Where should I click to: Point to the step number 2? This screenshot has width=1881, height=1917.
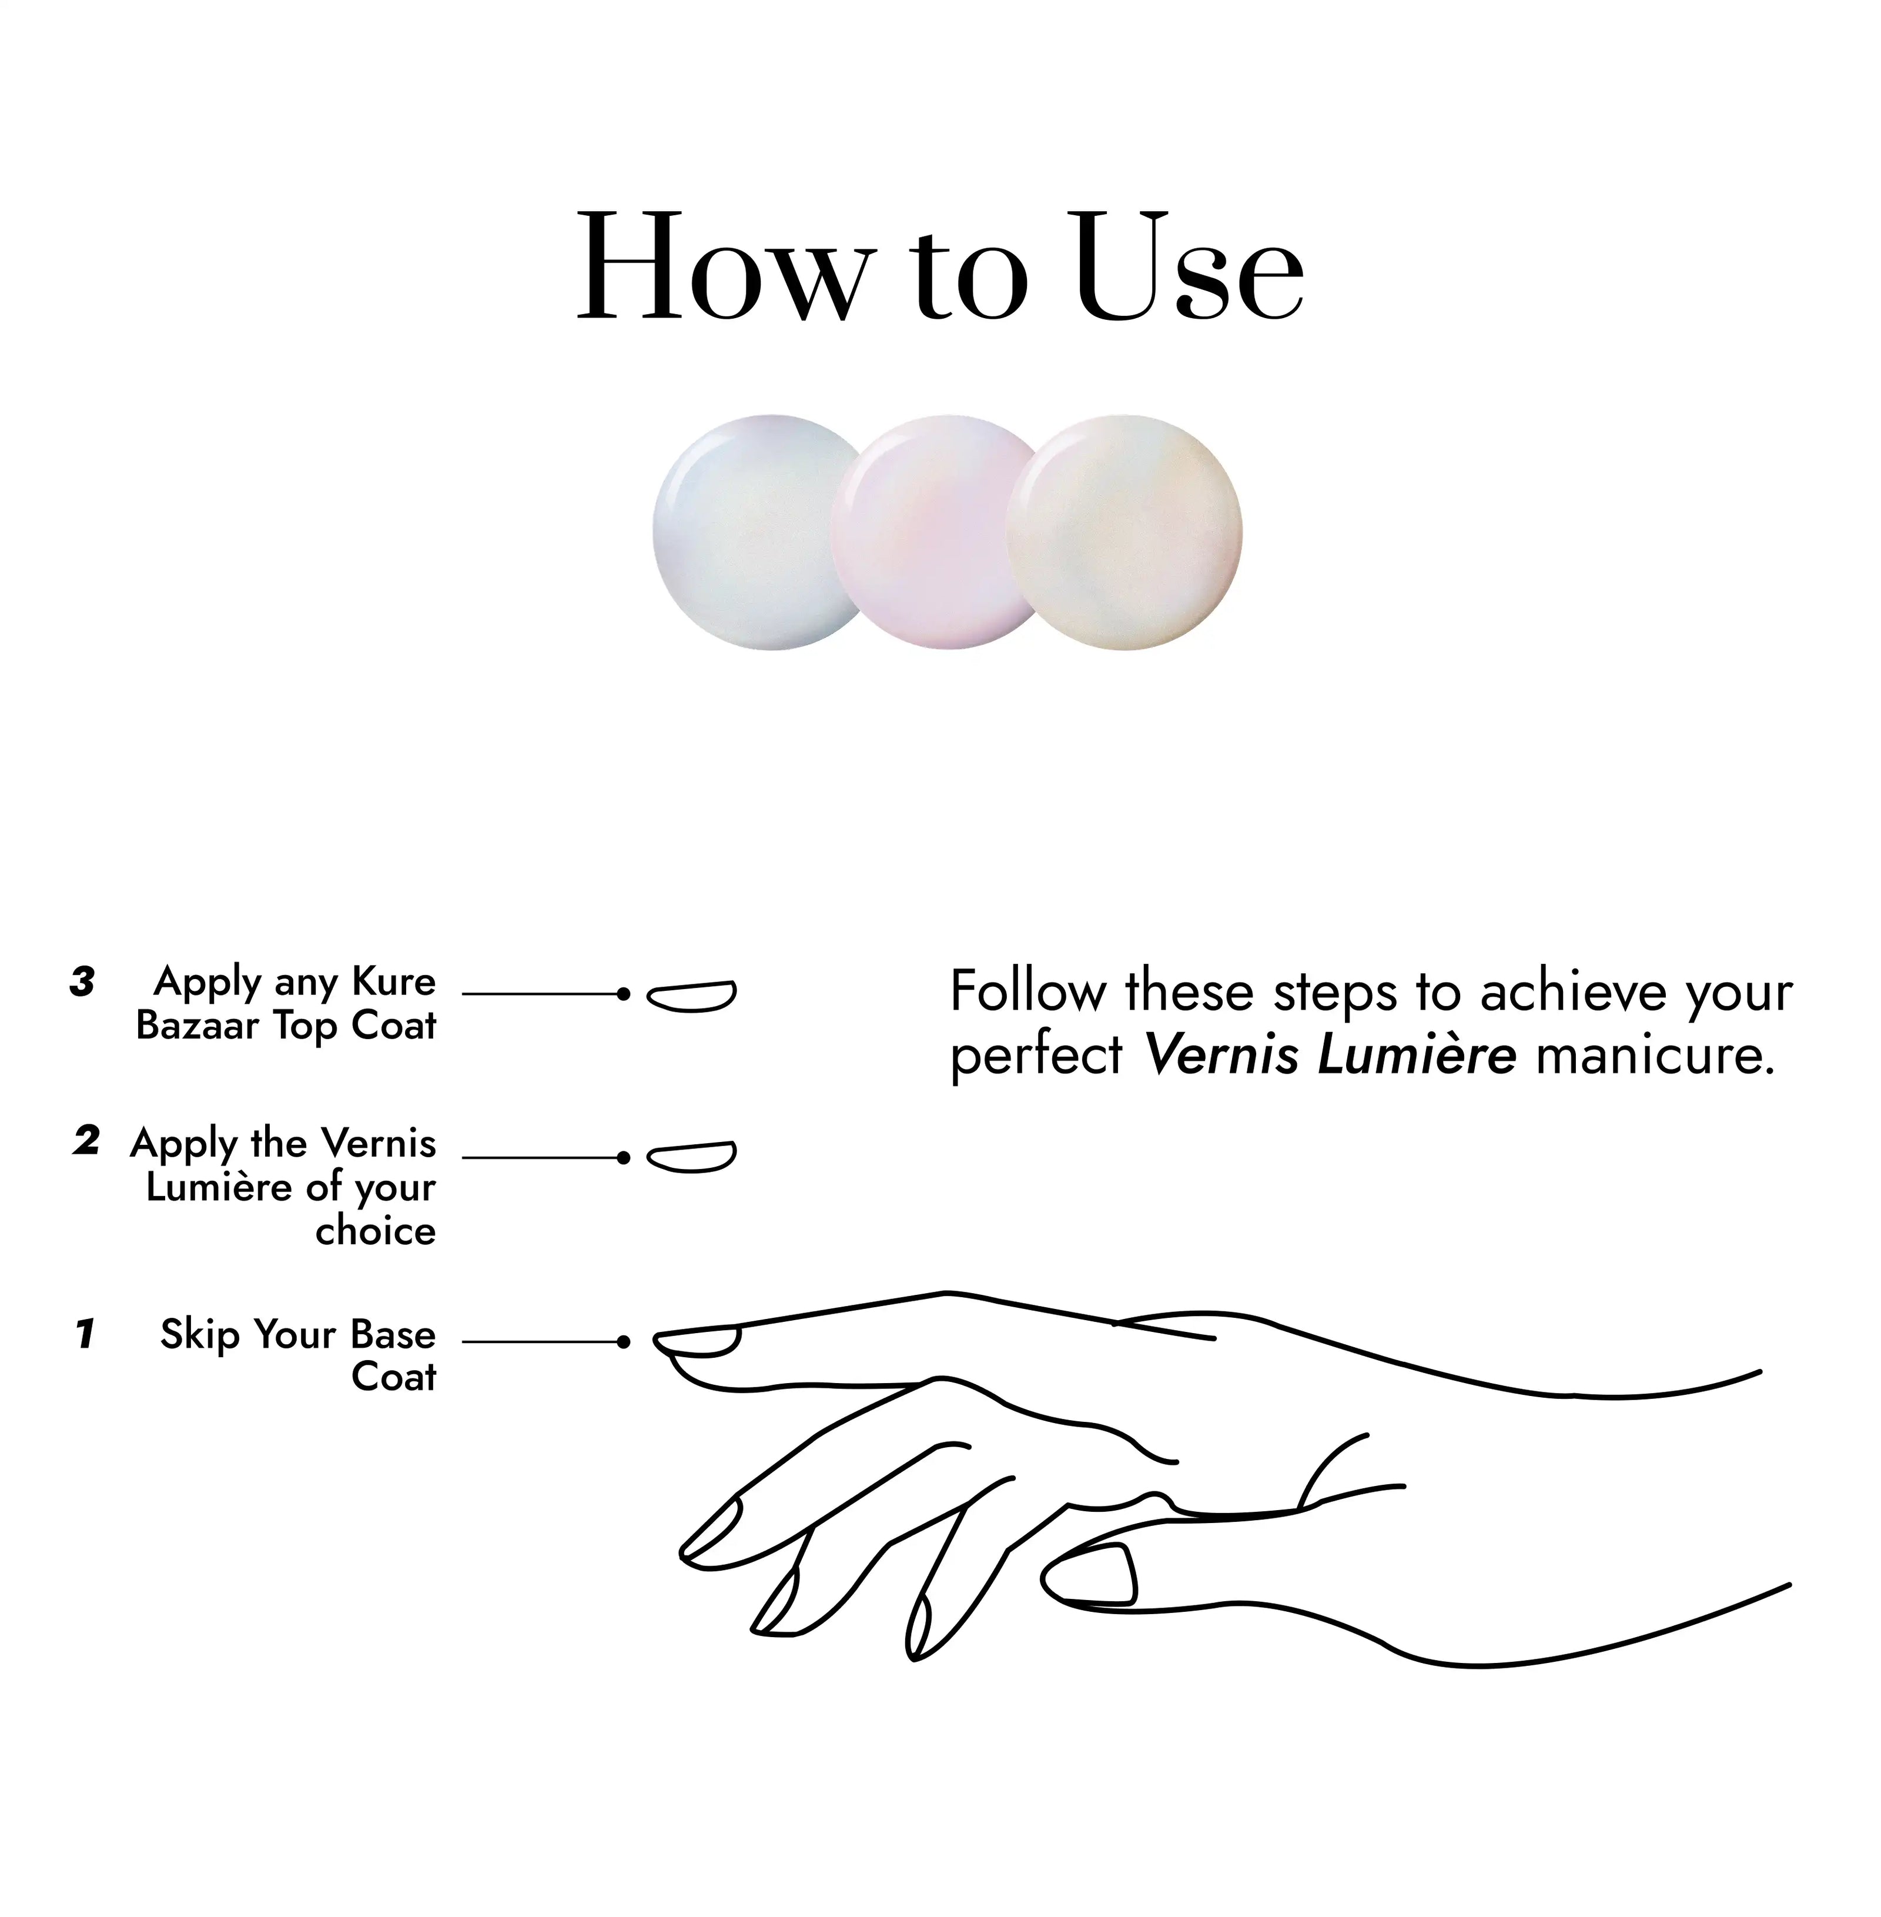pyautogui.click(x=86, y=1140)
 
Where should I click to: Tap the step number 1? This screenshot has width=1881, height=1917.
pyautogui.click(x=85, y=1333)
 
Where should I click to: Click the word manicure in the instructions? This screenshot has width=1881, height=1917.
pyautogui.click(x=1656, y=1056)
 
